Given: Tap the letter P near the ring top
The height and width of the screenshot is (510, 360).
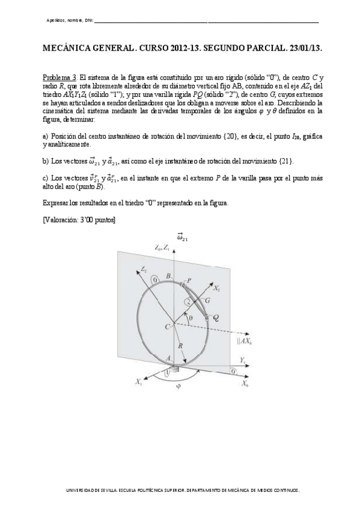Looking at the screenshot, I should [x=189, y=280].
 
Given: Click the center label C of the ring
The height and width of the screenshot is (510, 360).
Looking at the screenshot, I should [x=162, y=325].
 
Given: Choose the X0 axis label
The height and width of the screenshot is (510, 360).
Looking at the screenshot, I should [x=245, y=383].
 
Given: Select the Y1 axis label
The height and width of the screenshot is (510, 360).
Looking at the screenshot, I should [x=242, y=360].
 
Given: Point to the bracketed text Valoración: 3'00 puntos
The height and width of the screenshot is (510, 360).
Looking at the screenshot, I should [x=79, y=220].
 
